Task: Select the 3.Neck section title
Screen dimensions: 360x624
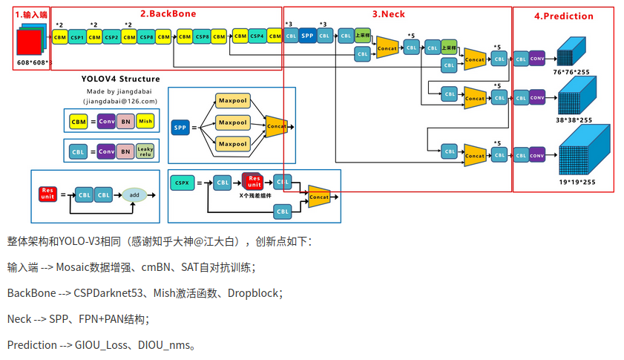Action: coord(388,13)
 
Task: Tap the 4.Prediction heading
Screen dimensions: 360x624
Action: coord(563,16)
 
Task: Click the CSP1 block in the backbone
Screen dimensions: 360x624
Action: coord(77,36)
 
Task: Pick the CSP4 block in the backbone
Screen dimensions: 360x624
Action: coord(257,36)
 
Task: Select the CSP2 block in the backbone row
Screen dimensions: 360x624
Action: coord(111,36)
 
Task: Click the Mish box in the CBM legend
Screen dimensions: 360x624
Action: coord(145,120)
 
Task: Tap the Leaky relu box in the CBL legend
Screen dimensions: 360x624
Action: coord(145,152)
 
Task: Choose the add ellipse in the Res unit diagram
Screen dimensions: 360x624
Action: coord(134,194)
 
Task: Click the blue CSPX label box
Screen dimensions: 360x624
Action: coord(182,182)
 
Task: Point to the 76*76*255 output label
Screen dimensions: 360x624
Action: coord(572,73)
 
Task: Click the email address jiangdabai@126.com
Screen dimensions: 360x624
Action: coord(120,101)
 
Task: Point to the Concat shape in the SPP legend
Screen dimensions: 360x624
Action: coord(275,127)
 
